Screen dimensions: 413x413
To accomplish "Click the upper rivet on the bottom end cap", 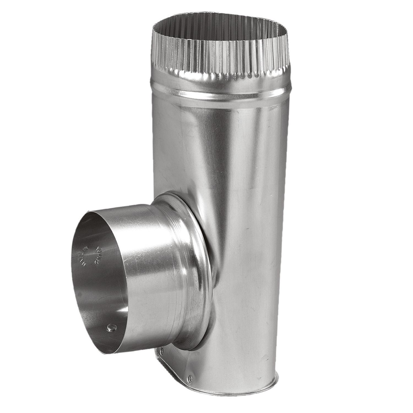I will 162,350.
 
